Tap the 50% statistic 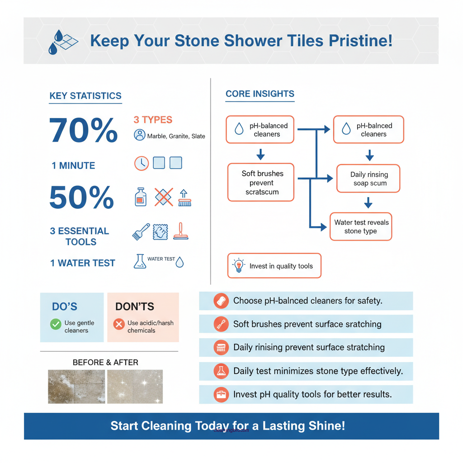click(81, 198)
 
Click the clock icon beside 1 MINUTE click(142, 163)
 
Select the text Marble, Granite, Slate click(176, 136)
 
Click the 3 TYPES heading click(153, 120)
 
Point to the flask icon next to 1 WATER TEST click(140, 261)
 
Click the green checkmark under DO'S click(56, 324)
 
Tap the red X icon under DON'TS click(119, 324)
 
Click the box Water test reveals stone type click(361, 227)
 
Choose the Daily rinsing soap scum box click(369, 179)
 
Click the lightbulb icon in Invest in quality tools click(238, 266)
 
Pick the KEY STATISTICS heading click(85, 96)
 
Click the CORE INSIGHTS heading click(260, 94)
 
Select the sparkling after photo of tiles click(135, 387)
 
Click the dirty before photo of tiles click(76, 387)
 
